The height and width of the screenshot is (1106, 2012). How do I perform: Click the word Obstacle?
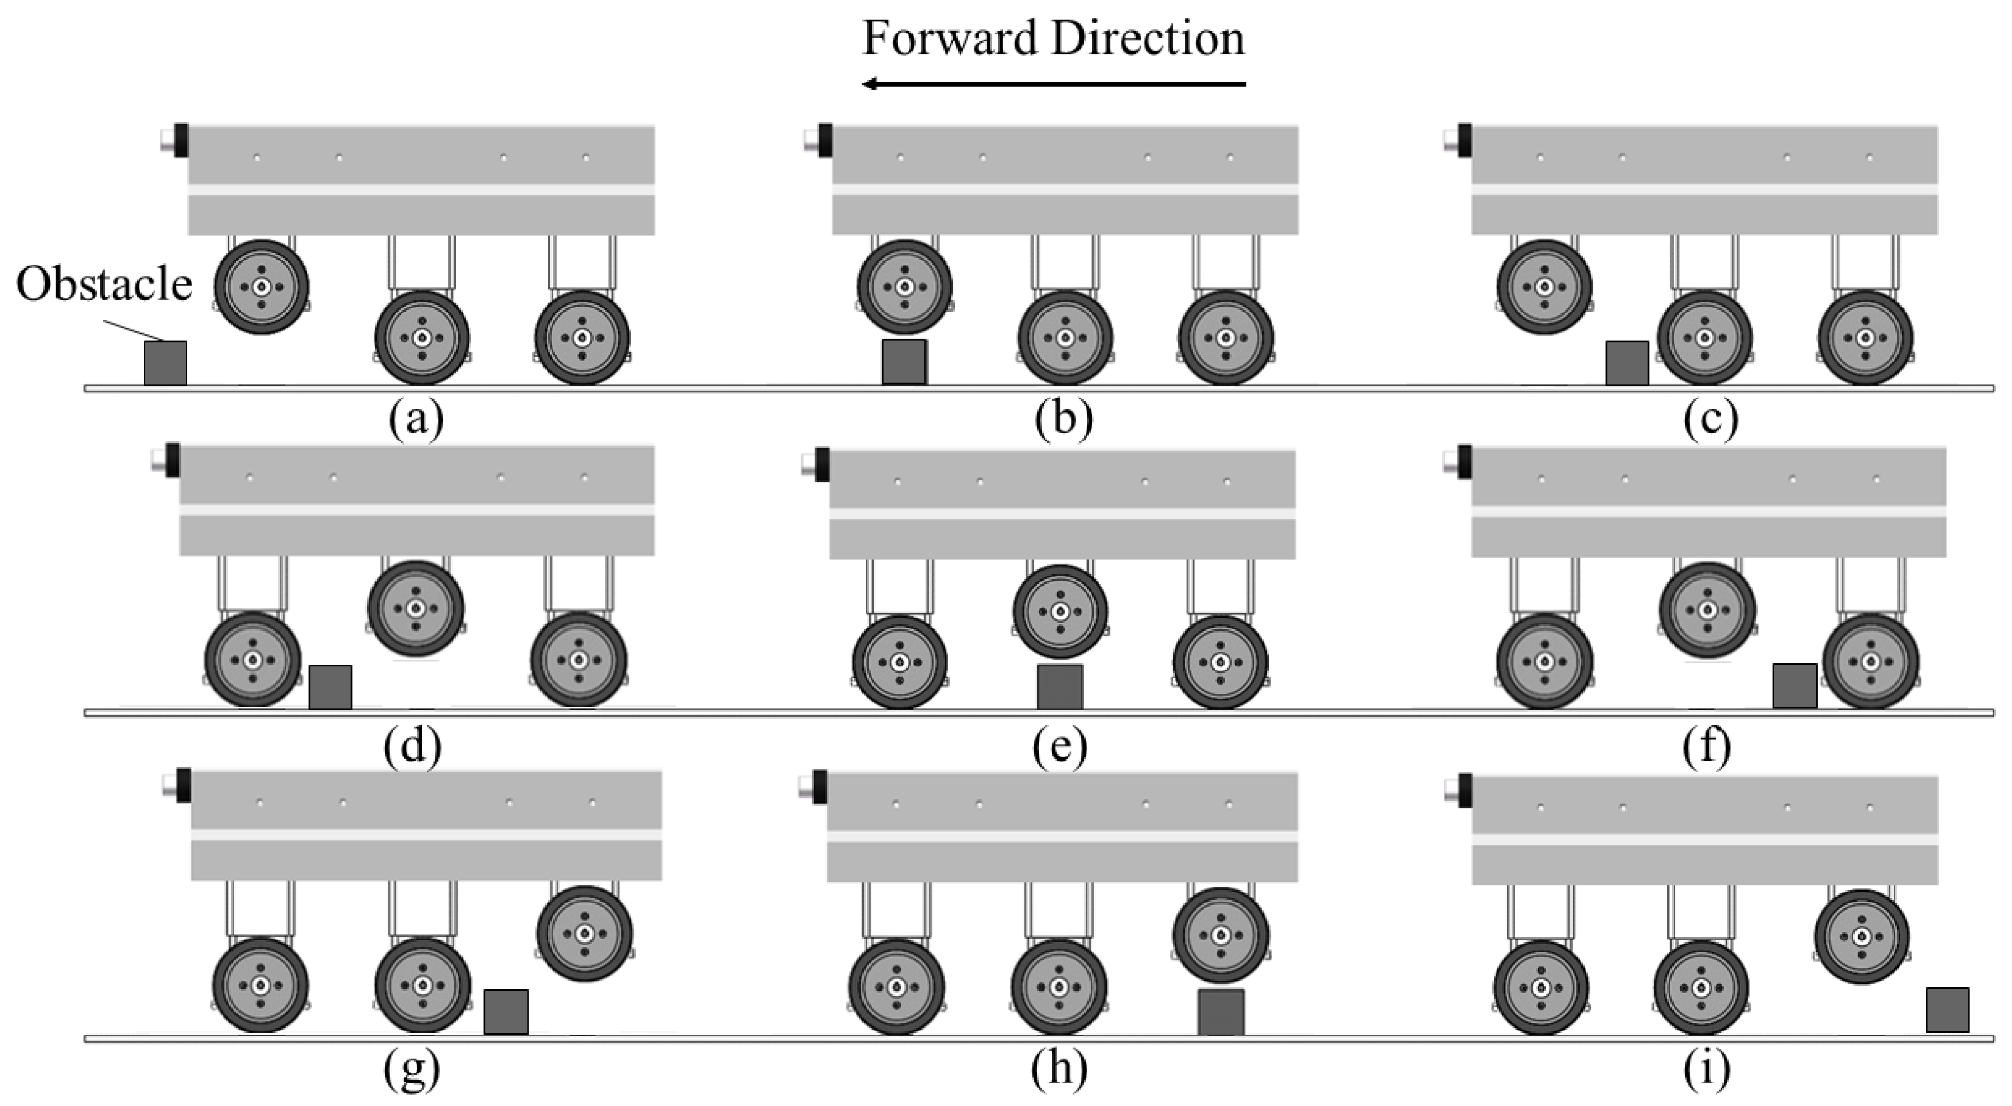click(104, 285)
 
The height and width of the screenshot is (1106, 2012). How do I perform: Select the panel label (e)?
click(1059, 746)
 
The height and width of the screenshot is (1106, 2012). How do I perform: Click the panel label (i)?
click(1706, 1068)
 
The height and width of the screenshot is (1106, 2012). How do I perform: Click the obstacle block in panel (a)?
click(165, 363)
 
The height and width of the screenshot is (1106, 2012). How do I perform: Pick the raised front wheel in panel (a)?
click(261, 287)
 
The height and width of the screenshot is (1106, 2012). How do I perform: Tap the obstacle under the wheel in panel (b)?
click(904, 362)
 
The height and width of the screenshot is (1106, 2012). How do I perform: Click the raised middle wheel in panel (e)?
click(1060, 611)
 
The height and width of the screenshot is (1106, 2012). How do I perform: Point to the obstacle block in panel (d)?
click(330, 687)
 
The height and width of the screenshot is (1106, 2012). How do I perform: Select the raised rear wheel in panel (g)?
click(584, 934)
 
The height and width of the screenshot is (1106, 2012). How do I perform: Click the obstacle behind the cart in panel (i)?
click(1947, 1010)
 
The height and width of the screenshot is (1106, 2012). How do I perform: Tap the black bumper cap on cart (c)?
click(1464, 140)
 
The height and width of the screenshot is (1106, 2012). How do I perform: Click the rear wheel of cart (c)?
click(1865, 338)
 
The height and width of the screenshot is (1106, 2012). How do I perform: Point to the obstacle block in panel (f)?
click(1794, 686)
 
